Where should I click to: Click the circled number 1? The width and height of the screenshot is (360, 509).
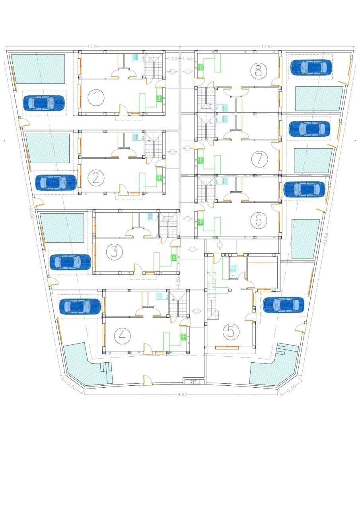point(95,97)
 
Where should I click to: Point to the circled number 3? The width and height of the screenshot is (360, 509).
point(114,252)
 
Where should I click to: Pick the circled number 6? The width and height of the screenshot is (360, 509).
point(259,220)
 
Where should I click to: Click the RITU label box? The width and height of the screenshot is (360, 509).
point(194,382)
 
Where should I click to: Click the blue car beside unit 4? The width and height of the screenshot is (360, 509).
point(80,306)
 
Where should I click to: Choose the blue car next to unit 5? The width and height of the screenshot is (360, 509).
point(283,305)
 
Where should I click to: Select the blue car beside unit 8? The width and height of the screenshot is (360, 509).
point(311,67)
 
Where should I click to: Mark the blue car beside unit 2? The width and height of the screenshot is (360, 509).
point(56,183)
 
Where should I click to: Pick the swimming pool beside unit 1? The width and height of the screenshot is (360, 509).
point(38,69)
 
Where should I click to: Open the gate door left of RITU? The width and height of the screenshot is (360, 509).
point(147,380)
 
